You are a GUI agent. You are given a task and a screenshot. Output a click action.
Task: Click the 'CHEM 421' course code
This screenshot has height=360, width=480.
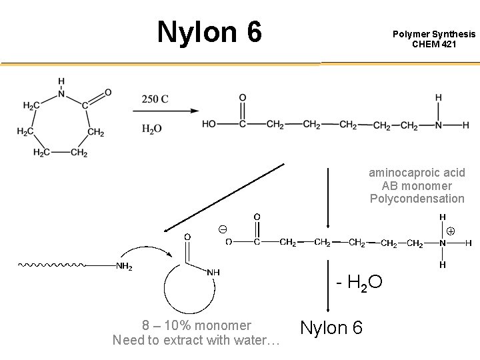point(434,44)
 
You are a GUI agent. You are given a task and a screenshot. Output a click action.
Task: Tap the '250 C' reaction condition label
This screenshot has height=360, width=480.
point(155,99)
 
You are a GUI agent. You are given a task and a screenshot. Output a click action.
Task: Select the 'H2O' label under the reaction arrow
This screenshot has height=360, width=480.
point(152,129)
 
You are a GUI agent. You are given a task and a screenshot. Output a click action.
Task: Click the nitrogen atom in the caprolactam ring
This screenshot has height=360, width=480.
point(61,93)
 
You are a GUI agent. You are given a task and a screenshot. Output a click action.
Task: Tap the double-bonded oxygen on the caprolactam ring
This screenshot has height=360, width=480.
point(108,92)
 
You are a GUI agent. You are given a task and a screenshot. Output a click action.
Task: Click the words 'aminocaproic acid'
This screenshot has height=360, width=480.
point(417,173)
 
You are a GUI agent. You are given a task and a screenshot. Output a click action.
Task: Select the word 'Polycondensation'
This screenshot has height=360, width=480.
point(417,199)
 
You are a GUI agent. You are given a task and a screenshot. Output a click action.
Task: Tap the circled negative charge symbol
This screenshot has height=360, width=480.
point(222,229)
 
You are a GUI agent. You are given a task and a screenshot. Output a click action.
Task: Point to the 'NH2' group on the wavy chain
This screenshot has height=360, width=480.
point(124,267)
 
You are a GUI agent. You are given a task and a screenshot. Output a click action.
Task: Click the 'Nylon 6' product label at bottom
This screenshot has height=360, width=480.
point(331,327)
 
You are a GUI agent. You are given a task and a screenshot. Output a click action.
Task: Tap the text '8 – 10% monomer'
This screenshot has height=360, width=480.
point(197,326)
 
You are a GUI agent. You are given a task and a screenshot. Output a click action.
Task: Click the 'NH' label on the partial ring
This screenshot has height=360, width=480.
point(214,272)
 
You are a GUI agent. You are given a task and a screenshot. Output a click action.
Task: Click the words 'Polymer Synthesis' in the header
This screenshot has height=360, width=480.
point(434,34)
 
